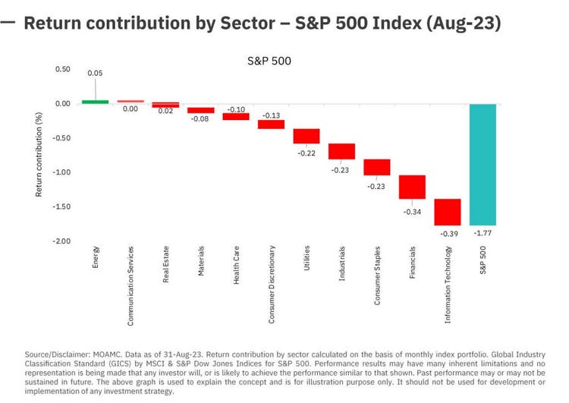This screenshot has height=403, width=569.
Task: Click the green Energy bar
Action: tap(95, 101)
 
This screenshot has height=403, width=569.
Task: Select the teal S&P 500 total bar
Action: tap(483, 164)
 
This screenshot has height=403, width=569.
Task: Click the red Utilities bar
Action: tap(307, 136)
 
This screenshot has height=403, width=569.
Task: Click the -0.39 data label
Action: tap(448, 233)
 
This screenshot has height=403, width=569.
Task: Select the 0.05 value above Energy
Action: tap(95, 73)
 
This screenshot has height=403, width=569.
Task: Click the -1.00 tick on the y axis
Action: tap(61, 172)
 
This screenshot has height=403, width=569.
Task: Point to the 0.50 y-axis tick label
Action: tap(62, 69)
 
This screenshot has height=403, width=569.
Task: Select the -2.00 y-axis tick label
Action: tap(61, 241)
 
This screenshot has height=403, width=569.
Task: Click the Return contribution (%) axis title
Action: tap(39, 156)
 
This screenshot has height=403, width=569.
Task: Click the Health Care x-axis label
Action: tap(236, 266)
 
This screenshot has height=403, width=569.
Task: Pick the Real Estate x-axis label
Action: tap(165, 265)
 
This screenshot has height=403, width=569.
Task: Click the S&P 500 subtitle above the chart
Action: tap(269, 60)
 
